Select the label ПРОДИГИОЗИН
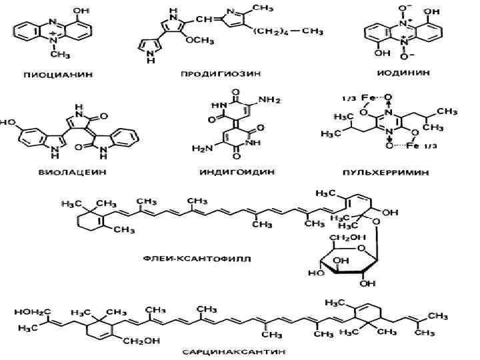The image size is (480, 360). pyautogui.click(x=225, y=74)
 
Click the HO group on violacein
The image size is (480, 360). pyautogui.click(x=9, y=123)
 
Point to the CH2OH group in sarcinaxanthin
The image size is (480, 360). pyautogui.click(x=138, y=340)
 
